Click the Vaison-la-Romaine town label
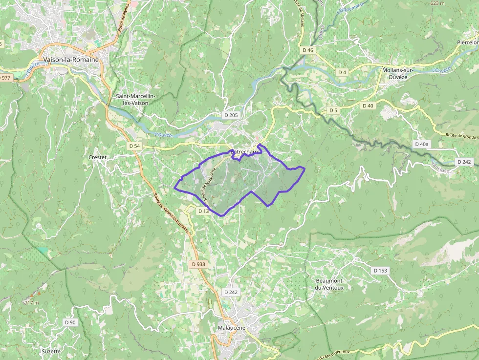coord(71,60)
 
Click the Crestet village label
coord(98,157)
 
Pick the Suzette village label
coord(51,351)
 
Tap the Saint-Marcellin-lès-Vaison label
coord(135,100)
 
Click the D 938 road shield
coord(198,264)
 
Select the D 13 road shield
coord(203,211)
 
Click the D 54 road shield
coord(134,146)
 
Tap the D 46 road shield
coord(307,50)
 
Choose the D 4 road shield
coord(342,72)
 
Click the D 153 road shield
coord(380,270)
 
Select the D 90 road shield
coord(70,322)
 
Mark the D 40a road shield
coord(421,144)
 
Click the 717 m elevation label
coord(31,303)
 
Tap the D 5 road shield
coord(333,110)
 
